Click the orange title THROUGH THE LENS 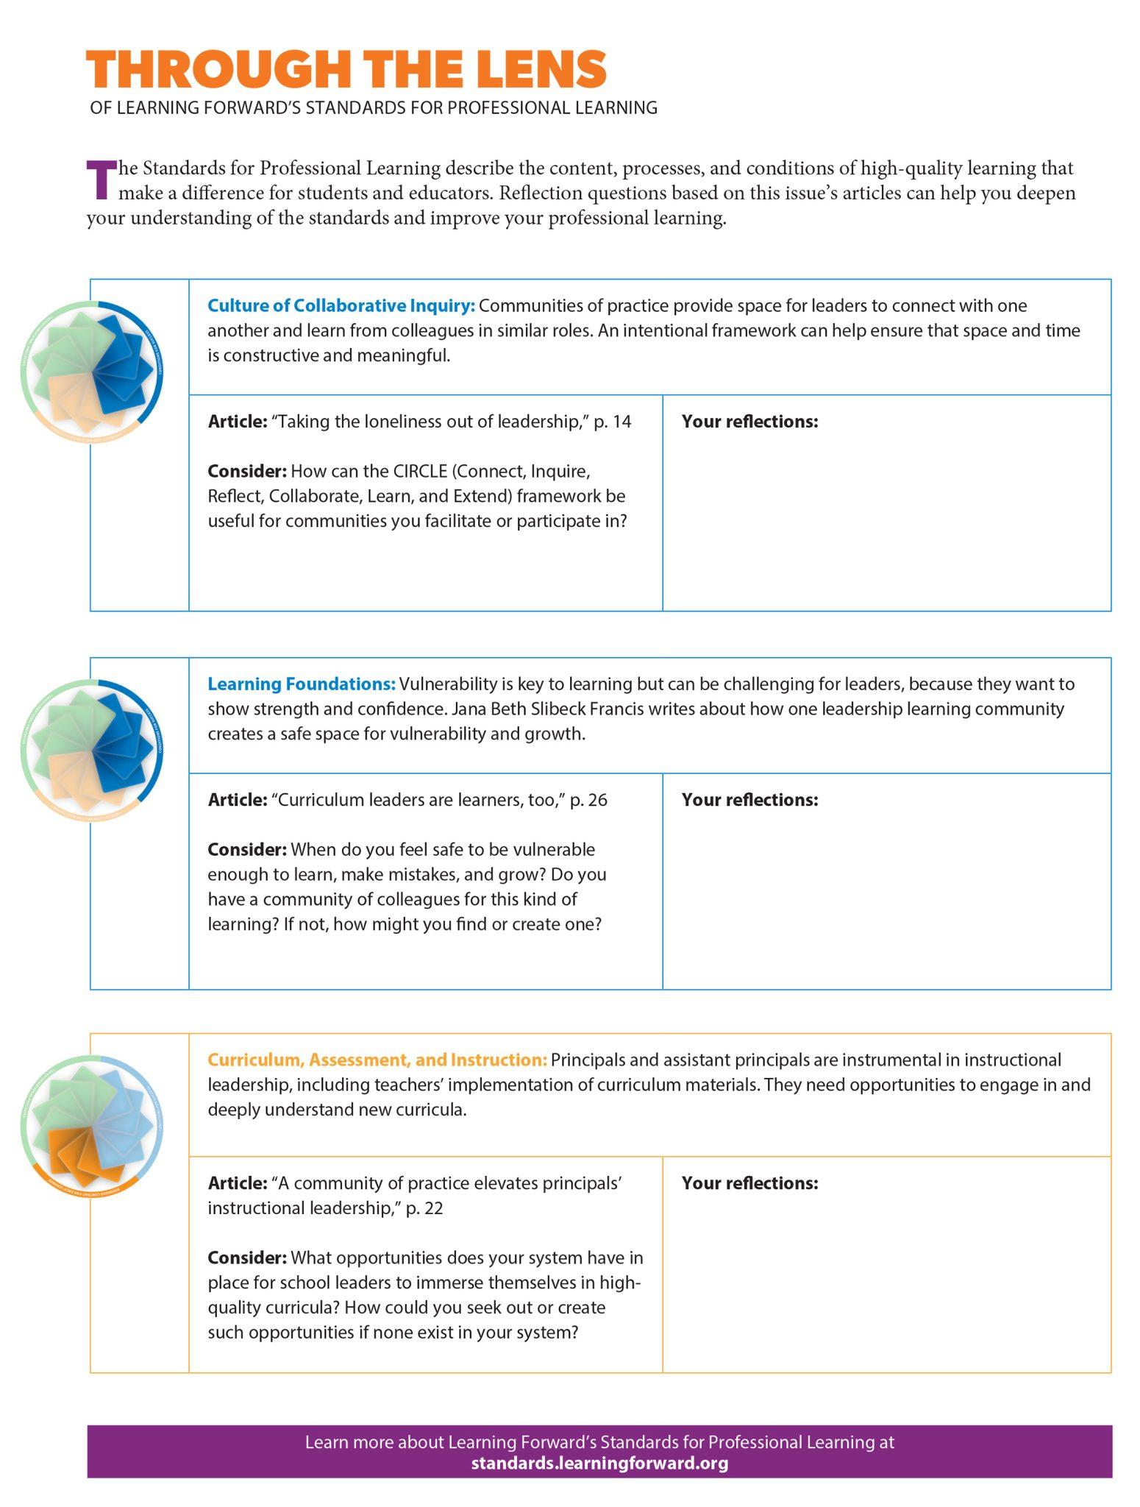pyautogui.click(x=346, y=69)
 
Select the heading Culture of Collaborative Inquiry pyautogui.click(x=341, y=305)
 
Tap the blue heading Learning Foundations pyautogui.click(x=302, y=684)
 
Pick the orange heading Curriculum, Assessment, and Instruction pyautogui.click(x=377, y=1060)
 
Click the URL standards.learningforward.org pyautogui.click(x=599, y=1462)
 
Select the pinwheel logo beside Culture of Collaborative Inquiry pyautogui.click(x=93, y=371)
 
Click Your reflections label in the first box pyautogui.click(x=749, y=422)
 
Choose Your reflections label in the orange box pyautogui.click(x=749, y=1183)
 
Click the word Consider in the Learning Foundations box pyautogui.click(x=247, y=850)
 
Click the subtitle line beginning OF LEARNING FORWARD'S pyautogui.click(x=374, y=107)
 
